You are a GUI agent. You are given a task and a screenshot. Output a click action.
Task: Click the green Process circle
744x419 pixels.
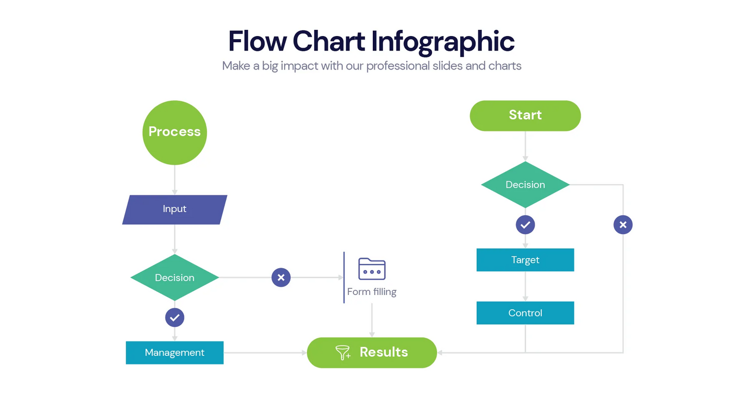(175, 132)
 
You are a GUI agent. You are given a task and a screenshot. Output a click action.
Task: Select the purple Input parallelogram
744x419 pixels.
(175, 209)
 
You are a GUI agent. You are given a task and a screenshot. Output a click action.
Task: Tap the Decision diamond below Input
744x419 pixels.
(175, 277)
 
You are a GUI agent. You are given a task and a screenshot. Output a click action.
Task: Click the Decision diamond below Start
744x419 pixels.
(525, 185)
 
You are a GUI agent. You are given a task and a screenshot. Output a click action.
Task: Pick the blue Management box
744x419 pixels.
(175, 353)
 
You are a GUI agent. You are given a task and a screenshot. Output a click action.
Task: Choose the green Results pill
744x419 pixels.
(372, 353)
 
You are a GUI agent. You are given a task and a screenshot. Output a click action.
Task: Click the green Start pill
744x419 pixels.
(525, 115)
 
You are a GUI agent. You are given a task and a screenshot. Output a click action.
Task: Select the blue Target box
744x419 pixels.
(525, 260)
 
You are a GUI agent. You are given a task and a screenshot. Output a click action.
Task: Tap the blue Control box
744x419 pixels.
(525, 313)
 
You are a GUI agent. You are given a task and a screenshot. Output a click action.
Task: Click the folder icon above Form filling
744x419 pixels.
(372, 269)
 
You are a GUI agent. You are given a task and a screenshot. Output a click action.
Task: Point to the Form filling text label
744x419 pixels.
(372, 292)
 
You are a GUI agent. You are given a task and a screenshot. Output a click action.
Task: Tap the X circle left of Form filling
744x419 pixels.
(281, 277)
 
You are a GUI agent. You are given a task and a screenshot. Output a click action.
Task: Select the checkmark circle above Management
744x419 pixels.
(175, 318)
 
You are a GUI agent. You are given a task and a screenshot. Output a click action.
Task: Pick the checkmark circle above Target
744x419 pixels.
(525, 225)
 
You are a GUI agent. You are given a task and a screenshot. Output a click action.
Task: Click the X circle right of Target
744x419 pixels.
(623, 225)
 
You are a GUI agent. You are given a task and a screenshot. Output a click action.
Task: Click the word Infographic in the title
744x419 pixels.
(442, 41)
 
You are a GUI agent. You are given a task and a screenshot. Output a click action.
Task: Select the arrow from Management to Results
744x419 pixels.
(265, 353)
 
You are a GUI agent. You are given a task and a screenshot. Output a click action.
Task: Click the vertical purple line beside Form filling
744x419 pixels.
(344, 277)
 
